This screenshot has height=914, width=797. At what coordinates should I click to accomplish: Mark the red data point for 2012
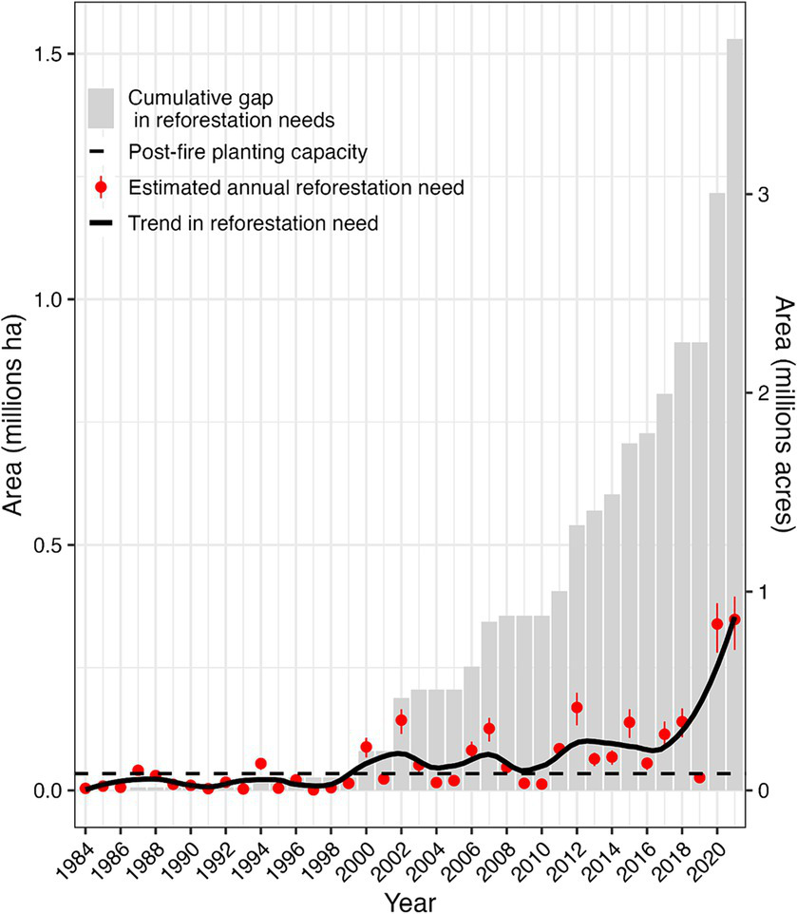[x=577, y=707]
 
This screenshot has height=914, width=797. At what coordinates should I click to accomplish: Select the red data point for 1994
[x=260, y=764]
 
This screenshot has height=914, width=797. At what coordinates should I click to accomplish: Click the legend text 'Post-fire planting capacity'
[x=248, y=151]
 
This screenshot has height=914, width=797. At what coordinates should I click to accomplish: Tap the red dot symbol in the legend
[x=102, y=187]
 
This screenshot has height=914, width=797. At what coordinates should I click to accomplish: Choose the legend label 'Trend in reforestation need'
[x=254, y=223]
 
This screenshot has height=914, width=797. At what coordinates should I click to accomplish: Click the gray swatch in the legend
[x=102, y=107]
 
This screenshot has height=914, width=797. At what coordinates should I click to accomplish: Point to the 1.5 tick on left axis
[x=47, y=53]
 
